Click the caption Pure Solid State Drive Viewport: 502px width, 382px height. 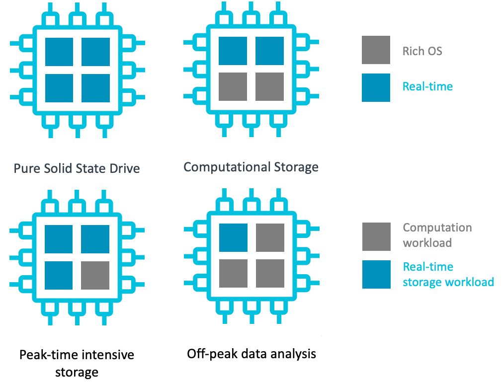[x=77, y=168]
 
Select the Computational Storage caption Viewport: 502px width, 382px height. [x=251, y=166]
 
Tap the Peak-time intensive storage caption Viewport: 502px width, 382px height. [x=77, y=363]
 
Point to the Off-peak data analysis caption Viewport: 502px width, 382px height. [x=251, y=354]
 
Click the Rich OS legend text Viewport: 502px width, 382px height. [x=422, y=51]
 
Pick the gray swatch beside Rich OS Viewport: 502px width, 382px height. [x=376, y=50]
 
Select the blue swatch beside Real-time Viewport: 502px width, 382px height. [x=376, y=87]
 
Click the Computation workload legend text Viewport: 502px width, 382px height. [x=437, y=235]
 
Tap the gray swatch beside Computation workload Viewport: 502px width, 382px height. [x=376, y=236]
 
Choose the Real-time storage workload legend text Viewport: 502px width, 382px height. [x=448, y=274]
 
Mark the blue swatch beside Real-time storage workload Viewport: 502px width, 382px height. [x=376, y=274]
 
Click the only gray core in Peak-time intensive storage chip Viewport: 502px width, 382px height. [x=95, y=275]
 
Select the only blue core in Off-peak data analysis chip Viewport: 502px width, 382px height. [x=233, y=237]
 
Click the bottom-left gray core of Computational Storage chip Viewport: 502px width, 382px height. [x=233, y=86]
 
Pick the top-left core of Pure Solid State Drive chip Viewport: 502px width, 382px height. [x=59, y=52]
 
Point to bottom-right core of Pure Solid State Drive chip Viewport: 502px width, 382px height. [x=95, y=88]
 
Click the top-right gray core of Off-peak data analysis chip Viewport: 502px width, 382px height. [x=270, y=237]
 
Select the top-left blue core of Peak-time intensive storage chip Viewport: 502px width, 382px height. [x=59, y=239]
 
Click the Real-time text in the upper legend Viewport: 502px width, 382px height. [x=427, y=86]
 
